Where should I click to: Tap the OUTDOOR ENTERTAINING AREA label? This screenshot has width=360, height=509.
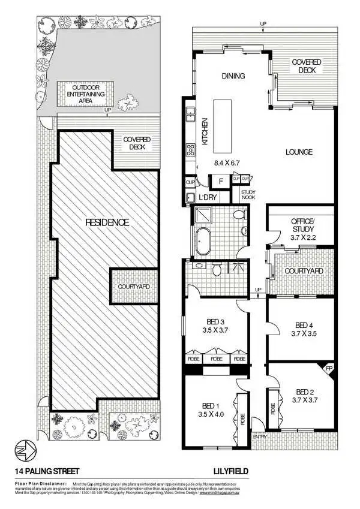(85, 94)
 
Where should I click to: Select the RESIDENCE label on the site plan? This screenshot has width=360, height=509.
(107, 222)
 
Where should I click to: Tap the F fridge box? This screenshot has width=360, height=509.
(220, 180)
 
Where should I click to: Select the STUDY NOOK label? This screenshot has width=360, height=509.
(249, 195)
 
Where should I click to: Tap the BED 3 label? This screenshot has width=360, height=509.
(215, 326)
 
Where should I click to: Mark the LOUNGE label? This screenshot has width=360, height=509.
(299, 152)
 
